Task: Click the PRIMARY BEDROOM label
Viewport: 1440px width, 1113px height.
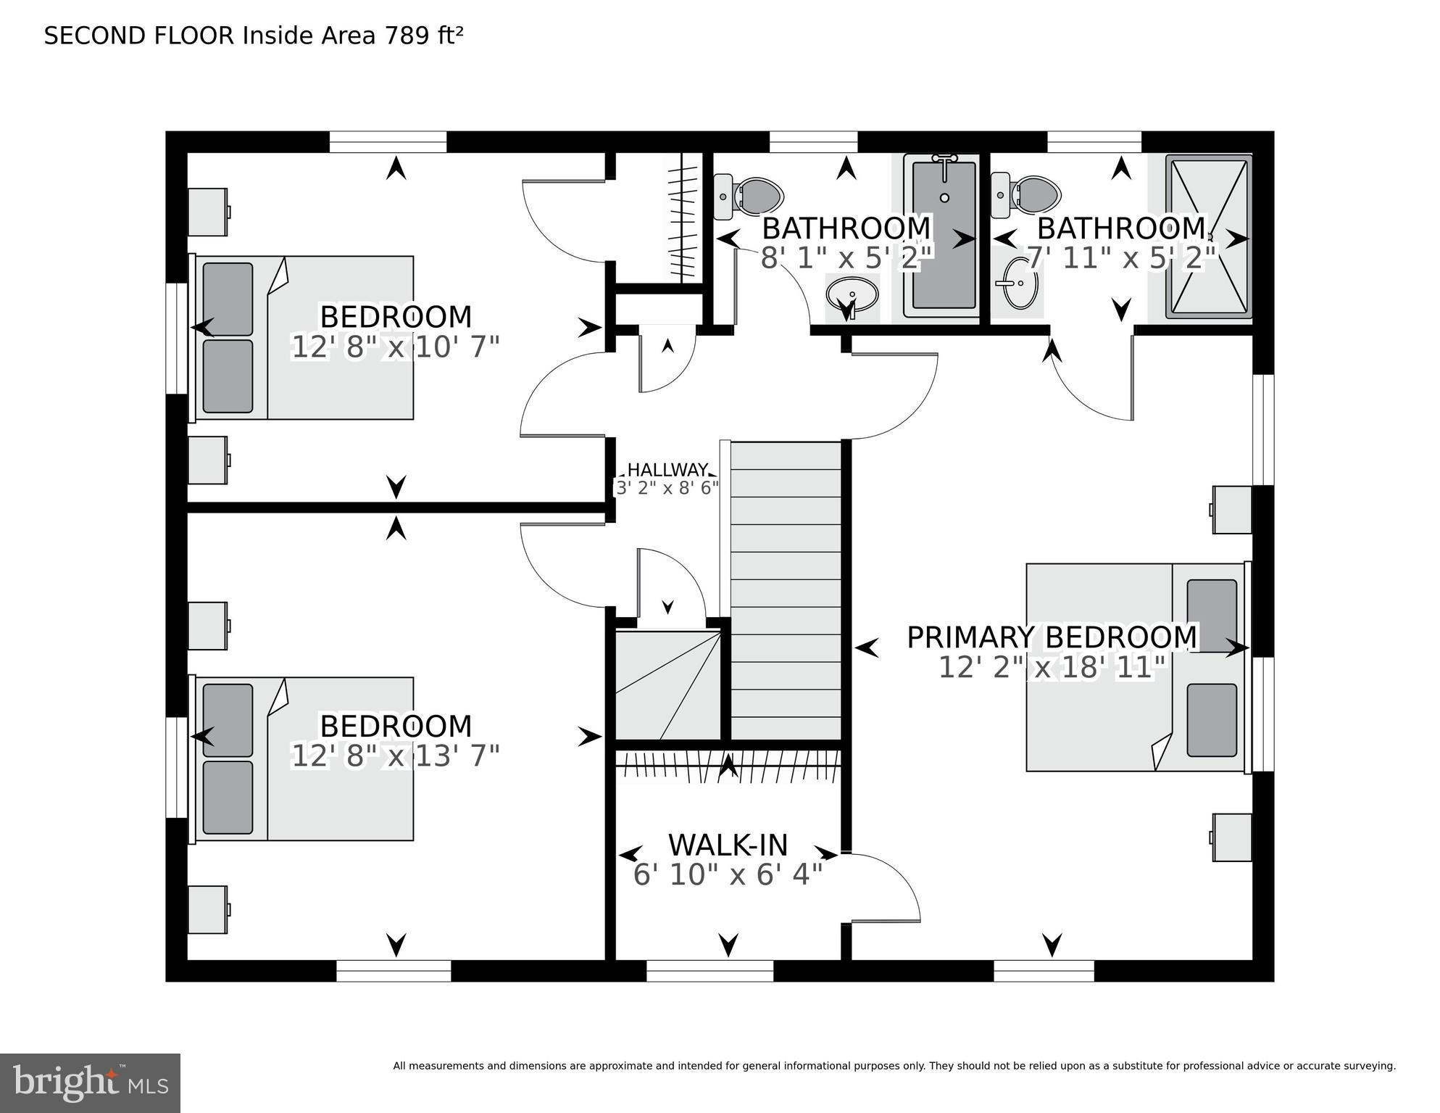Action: tap(1052, 637)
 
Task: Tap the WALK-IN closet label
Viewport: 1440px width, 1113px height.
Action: tap(728, 845)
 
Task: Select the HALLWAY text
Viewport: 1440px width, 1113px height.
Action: tap(667, 470)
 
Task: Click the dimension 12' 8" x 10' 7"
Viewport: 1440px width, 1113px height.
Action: tap(396, 347)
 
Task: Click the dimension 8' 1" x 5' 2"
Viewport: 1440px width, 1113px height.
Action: tap(846, 258)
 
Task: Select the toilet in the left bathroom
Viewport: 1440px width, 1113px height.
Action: tap(754, 195)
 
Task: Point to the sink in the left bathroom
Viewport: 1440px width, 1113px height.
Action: tap(852, 294)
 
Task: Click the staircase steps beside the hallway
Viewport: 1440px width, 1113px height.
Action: tap(786, 587)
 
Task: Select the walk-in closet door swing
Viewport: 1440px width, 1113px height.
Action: tap(884, 889)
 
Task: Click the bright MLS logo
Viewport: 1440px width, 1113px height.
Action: tap(90, 1083)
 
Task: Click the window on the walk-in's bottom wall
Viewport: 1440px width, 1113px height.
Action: tap(709, 970)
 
